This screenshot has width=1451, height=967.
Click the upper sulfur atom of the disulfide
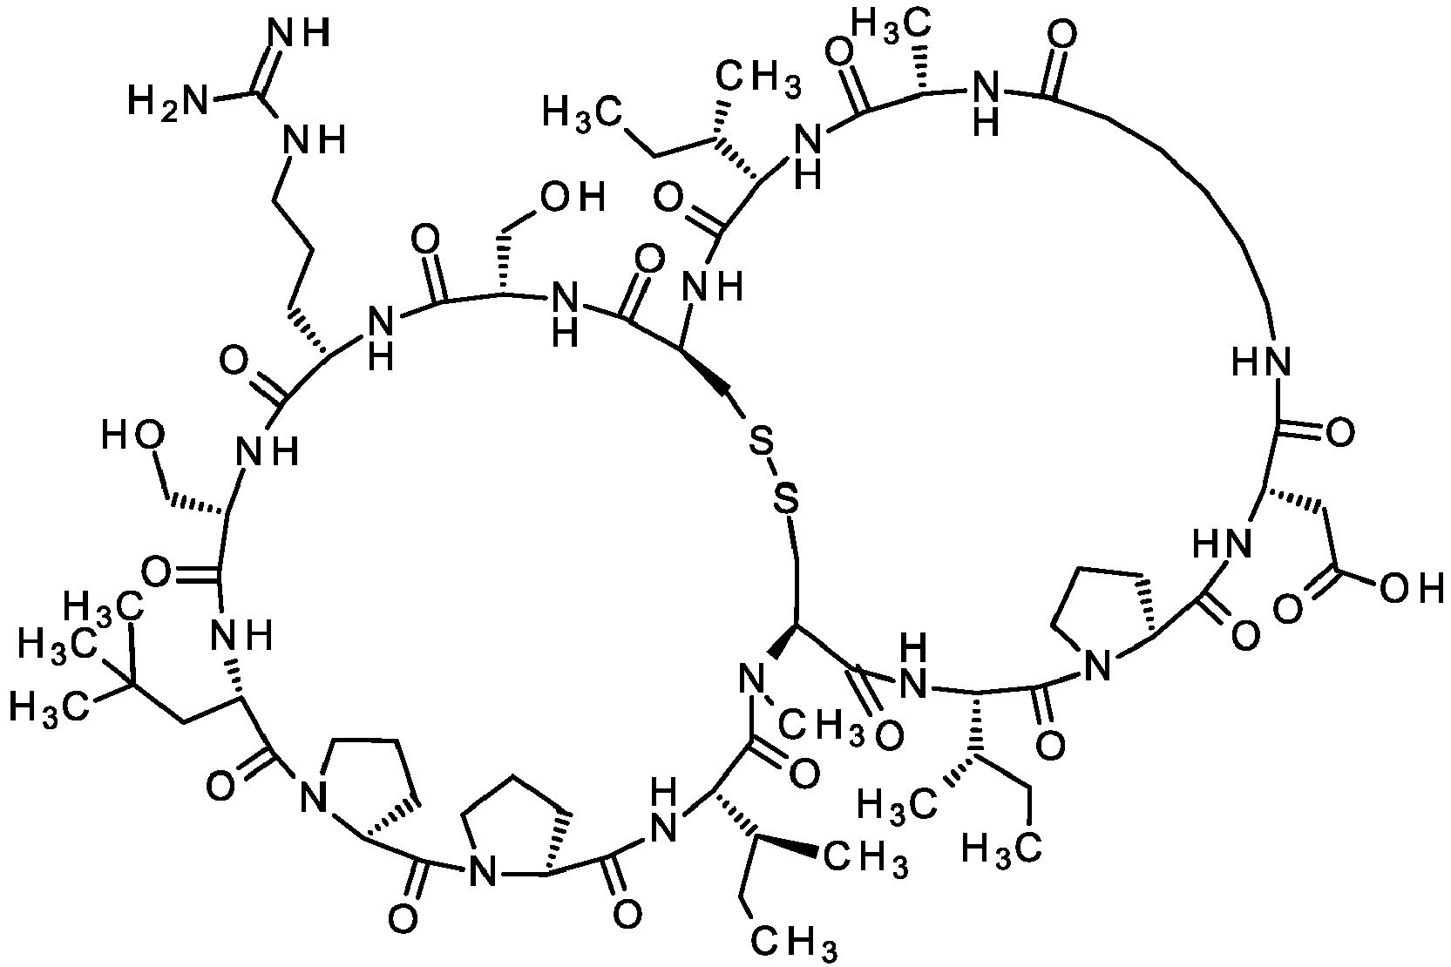[761, 443]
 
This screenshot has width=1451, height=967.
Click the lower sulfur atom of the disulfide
[785, 498]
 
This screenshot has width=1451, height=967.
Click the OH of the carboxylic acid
[1412, 587]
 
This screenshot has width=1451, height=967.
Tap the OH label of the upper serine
[574, 198]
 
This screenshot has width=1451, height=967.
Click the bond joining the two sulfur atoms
[774, 471]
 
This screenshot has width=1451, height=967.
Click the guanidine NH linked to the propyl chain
[312, 139]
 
